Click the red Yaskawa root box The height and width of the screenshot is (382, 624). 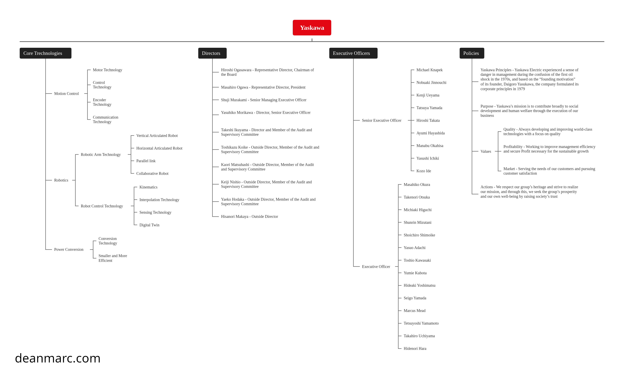click(x=312, y=28)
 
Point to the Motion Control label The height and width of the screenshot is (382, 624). click(x=66, y=94)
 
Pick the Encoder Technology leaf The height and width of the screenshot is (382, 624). click(x=102, y=102)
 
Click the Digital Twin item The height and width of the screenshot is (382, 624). click(x=149, y=225)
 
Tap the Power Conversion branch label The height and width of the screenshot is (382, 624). click(x=69, y=250)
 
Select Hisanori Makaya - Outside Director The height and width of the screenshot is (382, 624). click(x=249, y=216)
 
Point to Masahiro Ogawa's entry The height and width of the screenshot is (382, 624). click(x=263, y=87)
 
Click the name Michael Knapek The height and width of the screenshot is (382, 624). click(x=430, y=70)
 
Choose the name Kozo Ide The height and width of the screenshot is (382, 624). click(x=424, y=171)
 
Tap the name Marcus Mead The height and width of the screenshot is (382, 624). click(x=415, y=311)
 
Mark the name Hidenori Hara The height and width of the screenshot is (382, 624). click(x=415, y=348)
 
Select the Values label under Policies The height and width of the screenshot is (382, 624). click(x=486, y=151)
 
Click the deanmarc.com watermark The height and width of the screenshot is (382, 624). click(x=58, y=358)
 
